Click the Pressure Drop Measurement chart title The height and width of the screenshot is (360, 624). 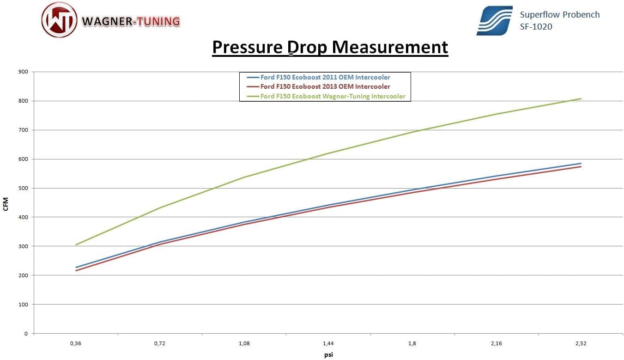(330, 48)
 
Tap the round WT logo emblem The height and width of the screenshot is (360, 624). (59, 20)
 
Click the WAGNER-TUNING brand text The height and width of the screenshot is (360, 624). (131, 21)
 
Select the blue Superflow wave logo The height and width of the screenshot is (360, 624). (494, 21)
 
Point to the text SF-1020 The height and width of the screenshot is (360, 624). (536, 27)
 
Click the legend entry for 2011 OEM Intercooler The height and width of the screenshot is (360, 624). (325, 77)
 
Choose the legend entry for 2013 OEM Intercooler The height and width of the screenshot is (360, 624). (325, 86)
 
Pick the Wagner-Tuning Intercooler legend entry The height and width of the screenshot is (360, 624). (333, 96)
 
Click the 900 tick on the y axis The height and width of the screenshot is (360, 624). (23, 72)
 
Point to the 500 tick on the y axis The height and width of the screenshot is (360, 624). (23, 188)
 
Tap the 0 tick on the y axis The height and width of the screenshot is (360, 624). (26, 334)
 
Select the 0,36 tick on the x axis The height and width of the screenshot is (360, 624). (76, 344)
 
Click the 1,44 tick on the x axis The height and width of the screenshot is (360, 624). (328, 344)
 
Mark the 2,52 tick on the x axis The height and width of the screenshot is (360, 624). (581, 344)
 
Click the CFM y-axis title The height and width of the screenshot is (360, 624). (6, 204)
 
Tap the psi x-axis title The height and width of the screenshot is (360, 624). (328, 355)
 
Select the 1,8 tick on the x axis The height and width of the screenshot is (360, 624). (412, 344)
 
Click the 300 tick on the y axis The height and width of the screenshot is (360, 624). (23, 246)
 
